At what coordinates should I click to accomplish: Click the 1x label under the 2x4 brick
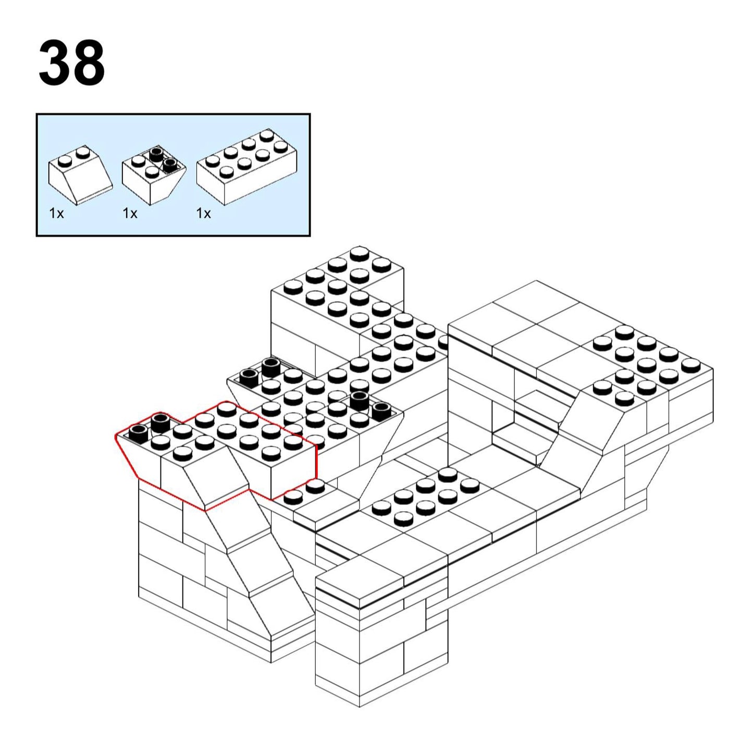click(x=203, y=213)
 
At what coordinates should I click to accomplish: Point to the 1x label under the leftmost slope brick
click(x=56, y=213)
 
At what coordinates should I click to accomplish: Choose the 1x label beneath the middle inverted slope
click(x=130, y=213)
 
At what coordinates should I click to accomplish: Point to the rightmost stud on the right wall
click(x=691, y=365)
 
